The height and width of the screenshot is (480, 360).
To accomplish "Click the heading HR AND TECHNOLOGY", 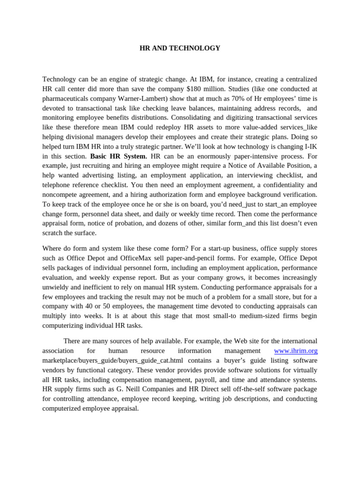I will [x=180, y=48].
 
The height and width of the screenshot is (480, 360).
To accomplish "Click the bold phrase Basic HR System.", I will [x=119, y=156].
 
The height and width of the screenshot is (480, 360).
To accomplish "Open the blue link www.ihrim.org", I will [x=295, y=351].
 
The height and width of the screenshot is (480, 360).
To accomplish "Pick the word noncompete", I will [x=62, y=195].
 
